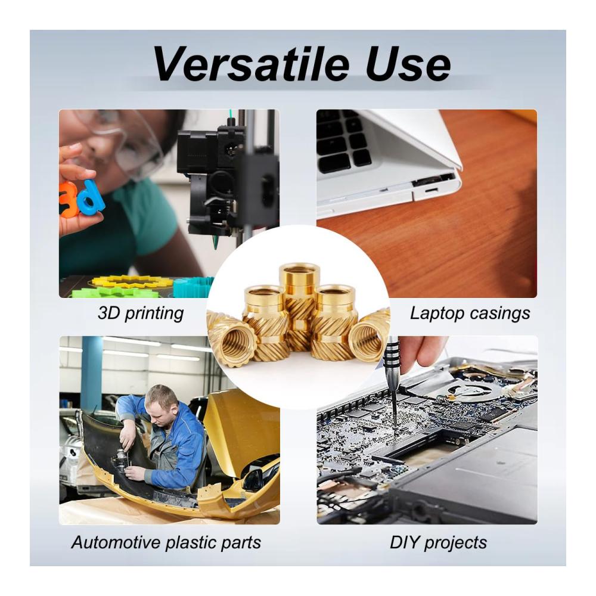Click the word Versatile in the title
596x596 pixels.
[251, 64]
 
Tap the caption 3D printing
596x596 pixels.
[141, 314]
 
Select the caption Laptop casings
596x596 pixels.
[470, 313]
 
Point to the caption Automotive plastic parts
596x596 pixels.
[166, 542]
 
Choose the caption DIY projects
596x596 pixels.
[438, 542]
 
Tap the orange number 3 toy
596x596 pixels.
[67, 200]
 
